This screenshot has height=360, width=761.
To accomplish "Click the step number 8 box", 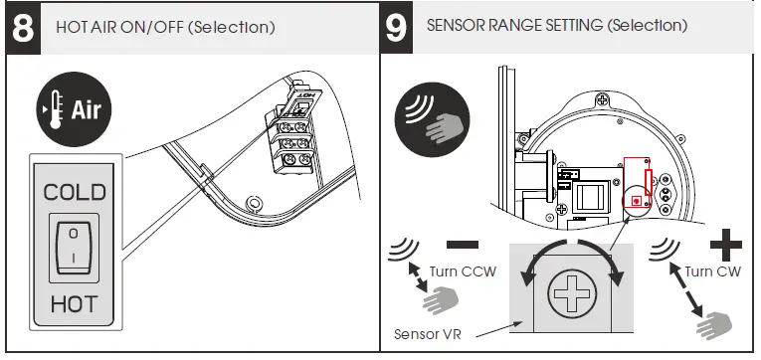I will click(21, 28).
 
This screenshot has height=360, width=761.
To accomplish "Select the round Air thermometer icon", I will click(73, 108).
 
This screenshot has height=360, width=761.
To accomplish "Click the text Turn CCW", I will click(463, 270).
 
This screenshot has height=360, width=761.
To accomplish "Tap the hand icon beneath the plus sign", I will click(716, 323).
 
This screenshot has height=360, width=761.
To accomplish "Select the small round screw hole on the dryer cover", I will click(256, 203).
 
